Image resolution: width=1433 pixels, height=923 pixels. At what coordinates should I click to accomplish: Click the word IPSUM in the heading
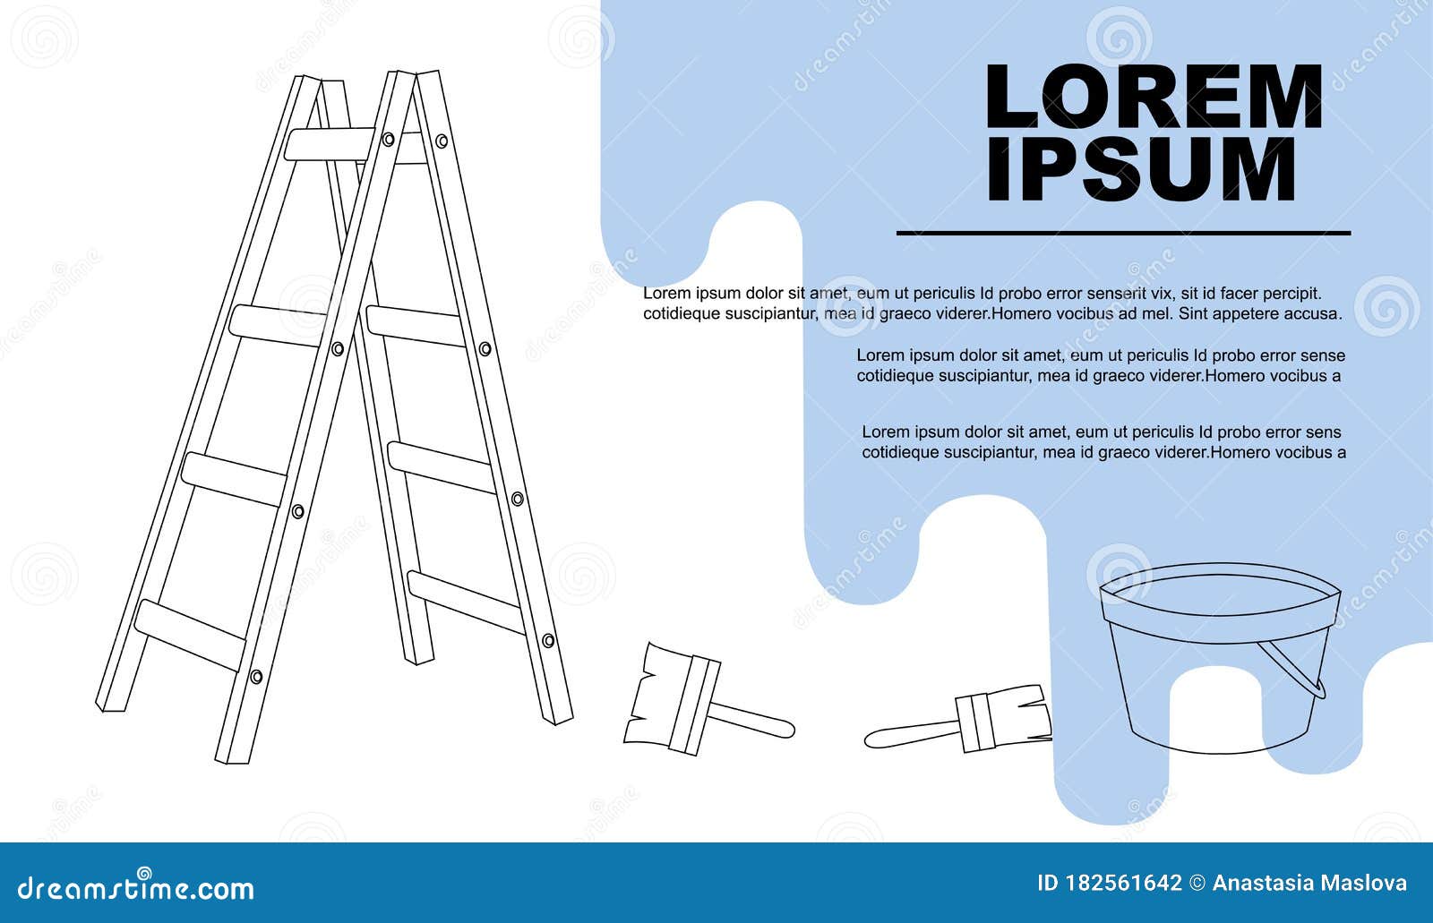(1141, 170)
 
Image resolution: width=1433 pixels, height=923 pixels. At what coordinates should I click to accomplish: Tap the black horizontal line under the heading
(1123, 233)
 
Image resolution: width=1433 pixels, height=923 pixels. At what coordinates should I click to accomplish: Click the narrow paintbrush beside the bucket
(967, 722)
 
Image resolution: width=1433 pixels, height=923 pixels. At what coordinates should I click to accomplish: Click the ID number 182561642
(1122, 884)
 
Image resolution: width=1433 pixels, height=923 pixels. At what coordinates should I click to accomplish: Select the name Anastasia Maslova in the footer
(1309, 884)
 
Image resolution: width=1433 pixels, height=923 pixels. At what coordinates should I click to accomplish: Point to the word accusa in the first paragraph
(1315, 313)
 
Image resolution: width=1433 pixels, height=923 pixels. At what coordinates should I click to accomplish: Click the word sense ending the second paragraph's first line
(1324, 355)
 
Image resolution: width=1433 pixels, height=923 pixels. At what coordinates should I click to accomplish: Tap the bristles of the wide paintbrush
(649, 694)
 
